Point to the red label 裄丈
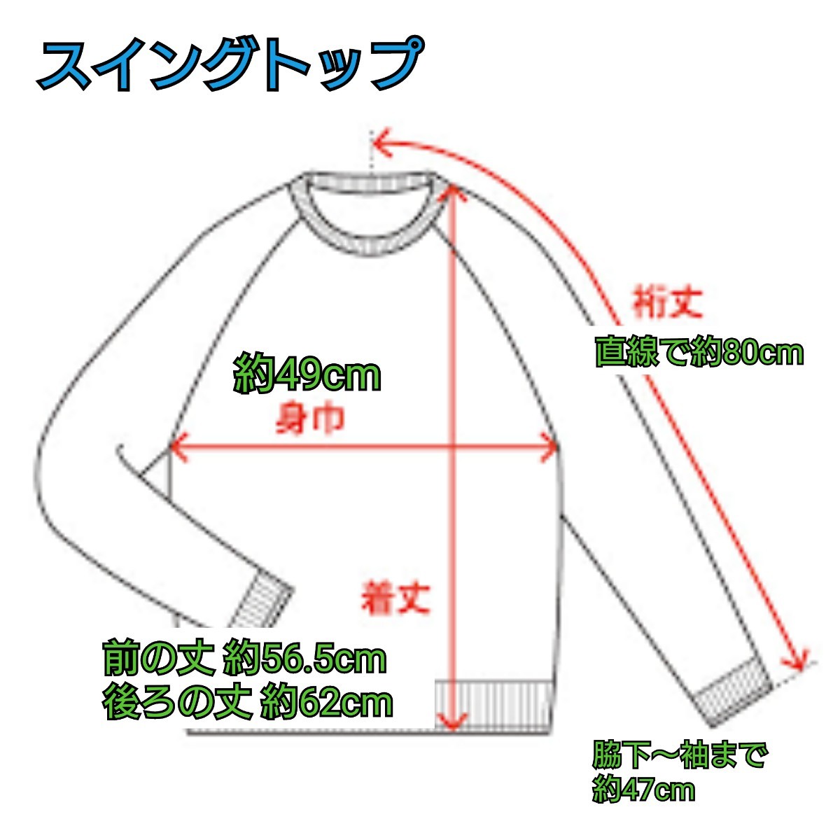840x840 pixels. [x=667, y=302]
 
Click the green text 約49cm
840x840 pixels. [x=307, y=376]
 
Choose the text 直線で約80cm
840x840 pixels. [x=698, y=351]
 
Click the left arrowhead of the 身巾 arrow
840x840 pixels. [x=175, y=447]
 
